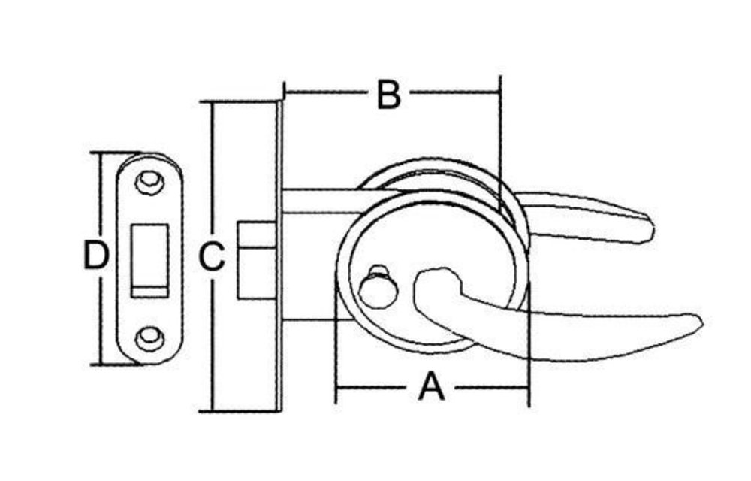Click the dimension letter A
click(432, 387)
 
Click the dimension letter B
click(388, 95)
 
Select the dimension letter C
click(212, 257)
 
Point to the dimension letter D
click(96, 255)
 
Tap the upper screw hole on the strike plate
click(149, 182)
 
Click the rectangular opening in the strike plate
click(149, 261)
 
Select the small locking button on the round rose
click(379, 288)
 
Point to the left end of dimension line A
click(337, 387)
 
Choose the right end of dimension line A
click(529, 387)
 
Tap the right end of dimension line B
click(500, 91)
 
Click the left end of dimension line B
click(285, 91)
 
